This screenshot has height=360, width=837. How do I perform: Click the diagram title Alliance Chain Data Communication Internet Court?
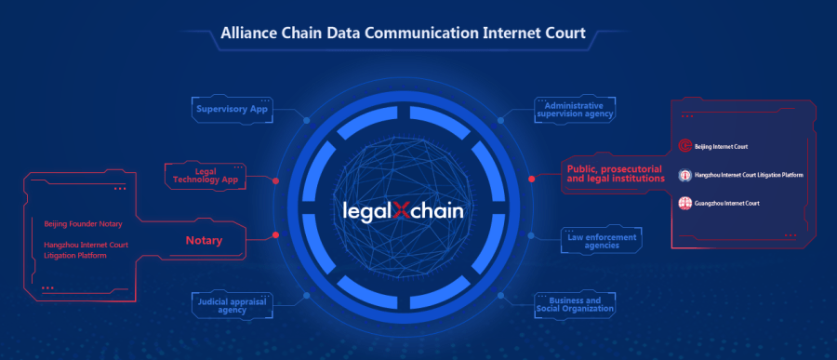[x=403, y=34]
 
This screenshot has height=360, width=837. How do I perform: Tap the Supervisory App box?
[x=232, y=109]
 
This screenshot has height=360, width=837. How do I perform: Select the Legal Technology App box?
[x=206, y=174]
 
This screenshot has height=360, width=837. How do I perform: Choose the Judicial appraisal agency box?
[x=220, y=304]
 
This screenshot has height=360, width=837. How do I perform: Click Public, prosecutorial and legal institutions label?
[x=615, y=172]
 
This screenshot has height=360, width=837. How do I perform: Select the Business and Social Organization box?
[x=574, y=304]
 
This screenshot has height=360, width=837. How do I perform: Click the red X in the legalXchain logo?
[x=402, y=210]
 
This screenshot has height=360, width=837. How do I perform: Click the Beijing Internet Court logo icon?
[x=685, y=146]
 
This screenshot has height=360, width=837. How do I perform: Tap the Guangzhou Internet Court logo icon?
[x=685, y=203]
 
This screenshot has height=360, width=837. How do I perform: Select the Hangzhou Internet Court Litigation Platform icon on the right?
[x=685, y=174]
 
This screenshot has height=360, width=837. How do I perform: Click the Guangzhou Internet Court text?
[x=728, y=203]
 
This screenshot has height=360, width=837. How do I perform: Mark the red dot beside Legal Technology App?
[x=276, y=180]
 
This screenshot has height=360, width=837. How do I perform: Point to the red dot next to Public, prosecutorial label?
[x=531, y=179]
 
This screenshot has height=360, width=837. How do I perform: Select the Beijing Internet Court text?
[x=723, y=146]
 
